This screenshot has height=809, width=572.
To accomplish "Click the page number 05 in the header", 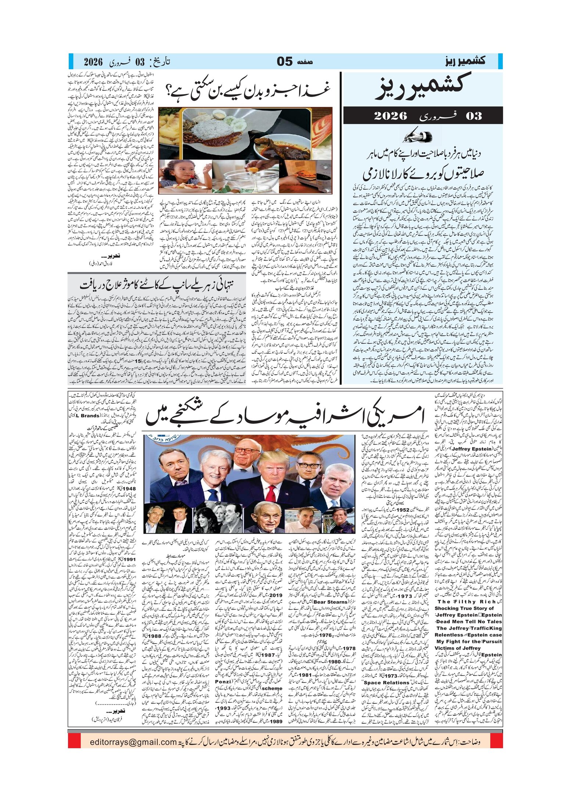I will pos(285,61).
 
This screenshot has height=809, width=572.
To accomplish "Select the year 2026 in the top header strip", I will pos(93,61).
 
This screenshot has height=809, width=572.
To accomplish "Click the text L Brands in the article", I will pos(87,416).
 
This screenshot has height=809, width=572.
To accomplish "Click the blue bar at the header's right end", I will pos(500,61).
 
